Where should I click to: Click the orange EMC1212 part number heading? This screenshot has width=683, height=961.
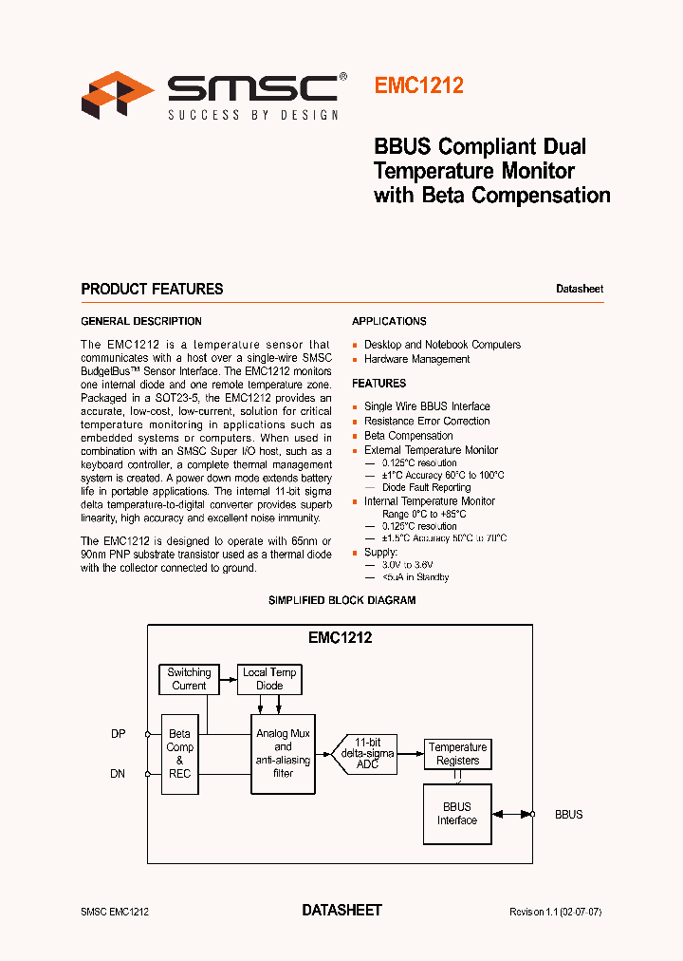(418, 85)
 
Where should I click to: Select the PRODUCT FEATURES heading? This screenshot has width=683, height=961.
(152, 289)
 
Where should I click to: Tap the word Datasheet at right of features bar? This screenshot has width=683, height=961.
(579, 289)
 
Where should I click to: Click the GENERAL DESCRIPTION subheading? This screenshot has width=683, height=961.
(140, 321)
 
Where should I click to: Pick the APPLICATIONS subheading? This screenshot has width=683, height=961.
(389, 321)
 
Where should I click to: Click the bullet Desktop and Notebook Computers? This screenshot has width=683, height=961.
(442, 345)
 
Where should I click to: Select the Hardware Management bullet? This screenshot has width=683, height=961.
(416, 359)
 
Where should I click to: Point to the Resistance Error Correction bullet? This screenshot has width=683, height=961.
(427, 421)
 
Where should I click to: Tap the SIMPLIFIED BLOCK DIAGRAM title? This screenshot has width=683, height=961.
(341, 600)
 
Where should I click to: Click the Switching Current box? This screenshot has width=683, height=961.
(189, 679)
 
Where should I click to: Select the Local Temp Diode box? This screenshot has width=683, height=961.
(269, 679)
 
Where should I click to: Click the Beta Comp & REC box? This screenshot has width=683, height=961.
(179, 754)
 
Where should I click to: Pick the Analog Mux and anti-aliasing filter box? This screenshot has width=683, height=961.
(283, 754)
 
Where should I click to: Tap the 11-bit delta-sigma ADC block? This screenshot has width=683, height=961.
(367, 753)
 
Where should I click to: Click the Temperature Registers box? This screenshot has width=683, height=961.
(457, 754)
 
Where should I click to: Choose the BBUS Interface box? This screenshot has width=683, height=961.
(456, 814)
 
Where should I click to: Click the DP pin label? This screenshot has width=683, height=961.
(118, 733)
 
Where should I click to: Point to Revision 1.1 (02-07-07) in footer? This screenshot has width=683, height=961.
(555, 912)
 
